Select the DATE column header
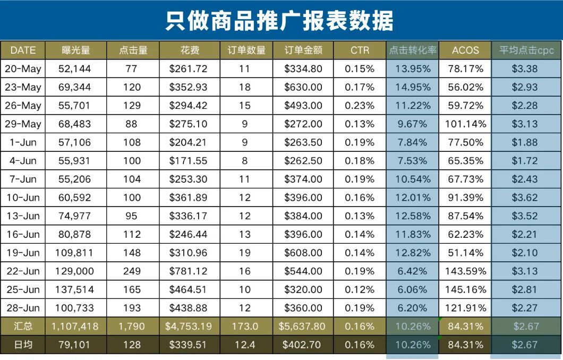tap(23, 50)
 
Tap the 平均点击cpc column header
tap(526, 50)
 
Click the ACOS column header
tap(465, 50)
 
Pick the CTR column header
tap(360, 50)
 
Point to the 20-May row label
tap(23, 68)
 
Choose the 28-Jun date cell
tap(23, 308)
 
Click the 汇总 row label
tap(23, 326)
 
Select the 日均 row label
tap(23, 345)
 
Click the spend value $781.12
tap(189, 271)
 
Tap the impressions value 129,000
tap(75, 271)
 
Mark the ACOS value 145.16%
tap(465, 289)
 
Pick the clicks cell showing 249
tap(132, 271)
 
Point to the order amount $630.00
tap(303, 87)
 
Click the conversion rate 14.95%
tap(413, 87)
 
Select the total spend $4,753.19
tap(189, 326)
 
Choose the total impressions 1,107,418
tap(75, 326)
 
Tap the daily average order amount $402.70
tap(303, 345)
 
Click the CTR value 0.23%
tap(360, 106)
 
